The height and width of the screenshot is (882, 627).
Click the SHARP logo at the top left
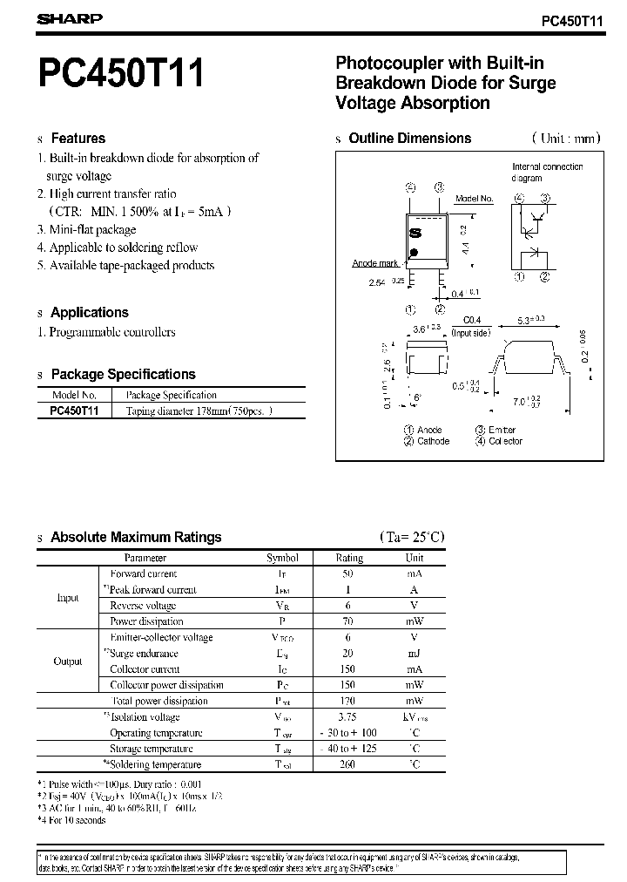[70, 18]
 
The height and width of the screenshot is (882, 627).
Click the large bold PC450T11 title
[121, 73]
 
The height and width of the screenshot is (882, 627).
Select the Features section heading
[78, 138]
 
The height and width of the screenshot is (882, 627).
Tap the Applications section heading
[89, 312]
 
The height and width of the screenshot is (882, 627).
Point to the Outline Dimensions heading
[409, 138]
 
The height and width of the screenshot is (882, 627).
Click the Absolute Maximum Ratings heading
[136, 537]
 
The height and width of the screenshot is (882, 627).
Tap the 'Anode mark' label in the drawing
[375, 263]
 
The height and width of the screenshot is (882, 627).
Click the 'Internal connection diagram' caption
[547, 172]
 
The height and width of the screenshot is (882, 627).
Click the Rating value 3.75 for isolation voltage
[349, 717]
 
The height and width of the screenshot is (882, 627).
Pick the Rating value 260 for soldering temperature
[349, 764]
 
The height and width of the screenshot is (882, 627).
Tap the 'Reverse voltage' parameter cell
[143, 606]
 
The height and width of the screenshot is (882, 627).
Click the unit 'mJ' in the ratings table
[415, 654]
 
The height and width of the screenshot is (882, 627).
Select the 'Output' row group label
[68, 661]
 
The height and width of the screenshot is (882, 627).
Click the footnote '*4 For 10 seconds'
[71, 820]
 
